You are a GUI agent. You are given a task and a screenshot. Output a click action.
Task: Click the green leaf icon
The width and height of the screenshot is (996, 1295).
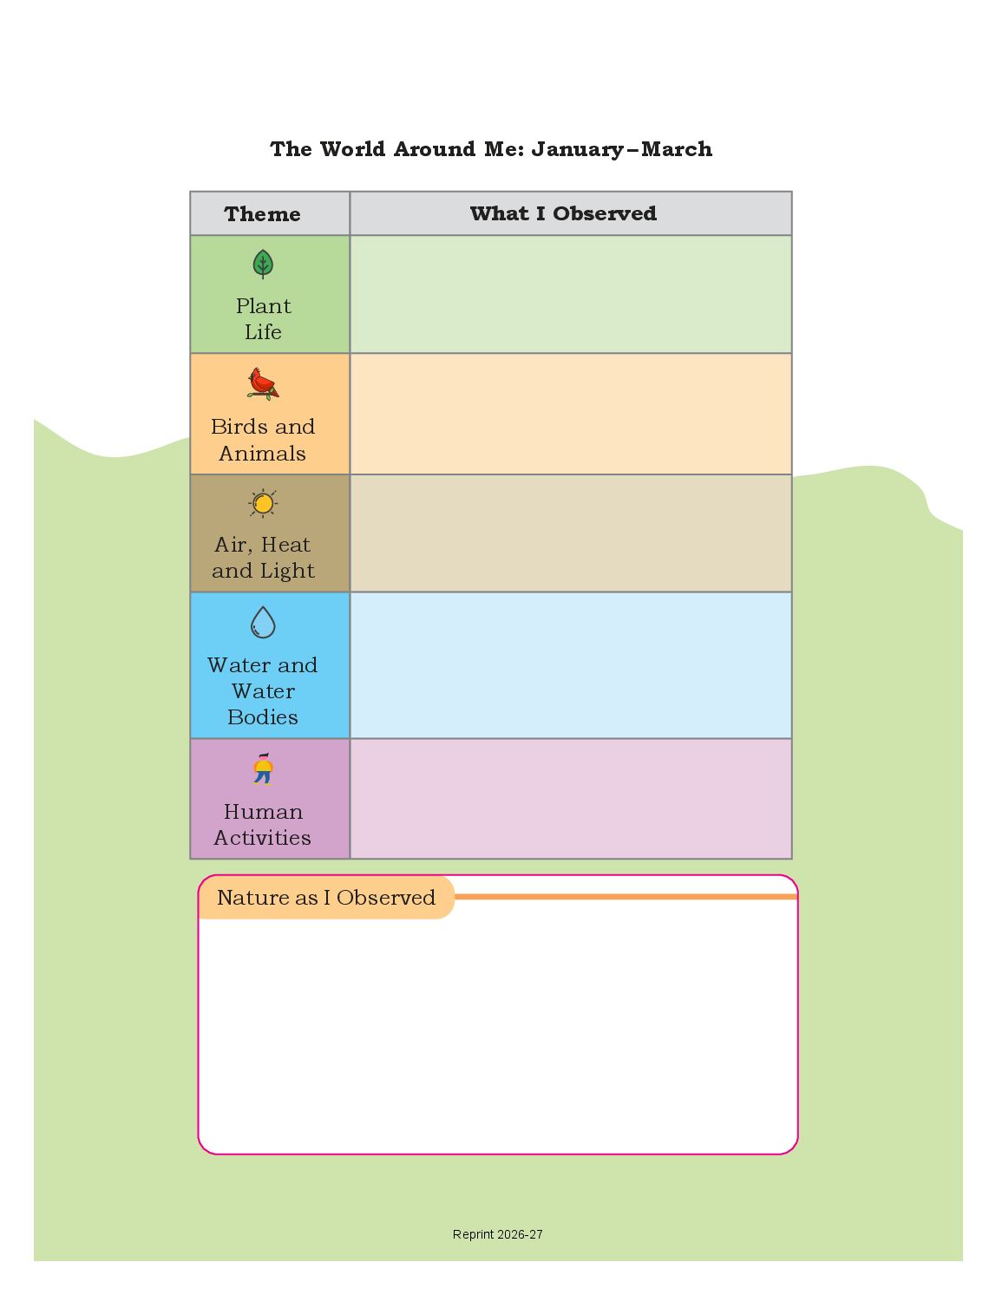tap(263, 264)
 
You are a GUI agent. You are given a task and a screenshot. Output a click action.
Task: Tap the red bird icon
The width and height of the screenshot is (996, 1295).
tap(263, 383)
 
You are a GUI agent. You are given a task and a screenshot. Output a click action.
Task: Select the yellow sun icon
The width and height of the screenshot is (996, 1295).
tap(263, 504)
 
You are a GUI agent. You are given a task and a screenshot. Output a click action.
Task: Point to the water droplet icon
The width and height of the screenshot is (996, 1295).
tap(263, 622)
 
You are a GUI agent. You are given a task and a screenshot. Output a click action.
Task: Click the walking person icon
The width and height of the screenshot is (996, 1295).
tap(263, 768)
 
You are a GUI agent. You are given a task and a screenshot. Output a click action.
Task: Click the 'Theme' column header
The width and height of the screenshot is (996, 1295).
tap(262, 214)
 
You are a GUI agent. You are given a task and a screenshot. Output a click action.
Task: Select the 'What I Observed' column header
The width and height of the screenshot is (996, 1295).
tap(563, 213)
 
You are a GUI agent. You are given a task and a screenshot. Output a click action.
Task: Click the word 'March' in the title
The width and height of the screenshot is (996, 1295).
tap(677, 148)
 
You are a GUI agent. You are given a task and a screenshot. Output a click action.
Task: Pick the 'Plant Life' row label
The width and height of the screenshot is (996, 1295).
tap(263, 319)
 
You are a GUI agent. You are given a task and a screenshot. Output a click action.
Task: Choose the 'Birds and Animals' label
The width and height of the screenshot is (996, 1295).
tap(263, 440)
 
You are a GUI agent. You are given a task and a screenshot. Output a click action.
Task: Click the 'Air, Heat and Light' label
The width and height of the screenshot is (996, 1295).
tap(263, 557)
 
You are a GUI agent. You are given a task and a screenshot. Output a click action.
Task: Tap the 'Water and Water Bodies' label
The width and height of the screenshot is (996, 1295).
tap(263, 690)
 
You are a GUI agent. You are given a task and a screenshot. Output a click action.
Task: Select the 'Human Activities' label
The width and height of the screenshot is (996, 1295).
tap(263, 824)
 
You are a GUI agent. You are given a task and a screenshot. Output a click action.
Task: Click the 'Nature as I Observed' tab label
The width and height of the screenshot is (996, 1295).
tap(326, 898)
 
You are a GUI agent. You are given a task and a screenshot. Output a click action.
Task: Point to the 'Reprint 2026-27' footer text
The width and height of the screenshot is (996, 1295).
tap(498, 1234)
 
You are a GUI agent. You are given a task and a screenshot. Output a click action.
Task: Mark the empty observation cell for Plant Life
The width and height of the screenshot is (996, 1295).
tap(570, 294)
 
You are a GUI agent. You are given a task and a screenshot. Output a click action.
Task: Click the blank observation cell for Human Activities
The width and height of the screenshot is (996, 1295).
tap(570, 799)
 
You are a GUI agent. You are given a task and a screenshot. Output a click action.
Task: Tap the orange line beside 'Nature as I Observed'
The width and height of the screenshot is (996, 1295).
tap(626, 896)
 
